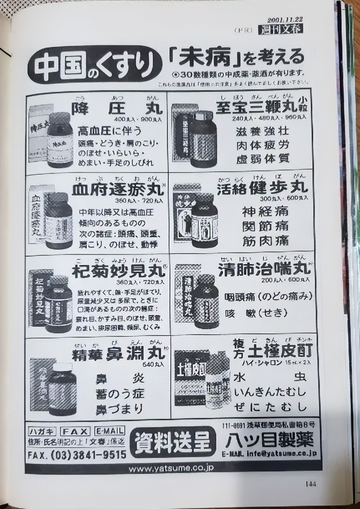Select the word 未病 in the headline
(205, 59)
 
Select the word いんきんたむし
(269, 392)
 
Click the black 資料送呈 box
(173, 442)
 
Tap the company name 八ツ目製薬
(270, 441)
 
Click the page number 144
(310, 484)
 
